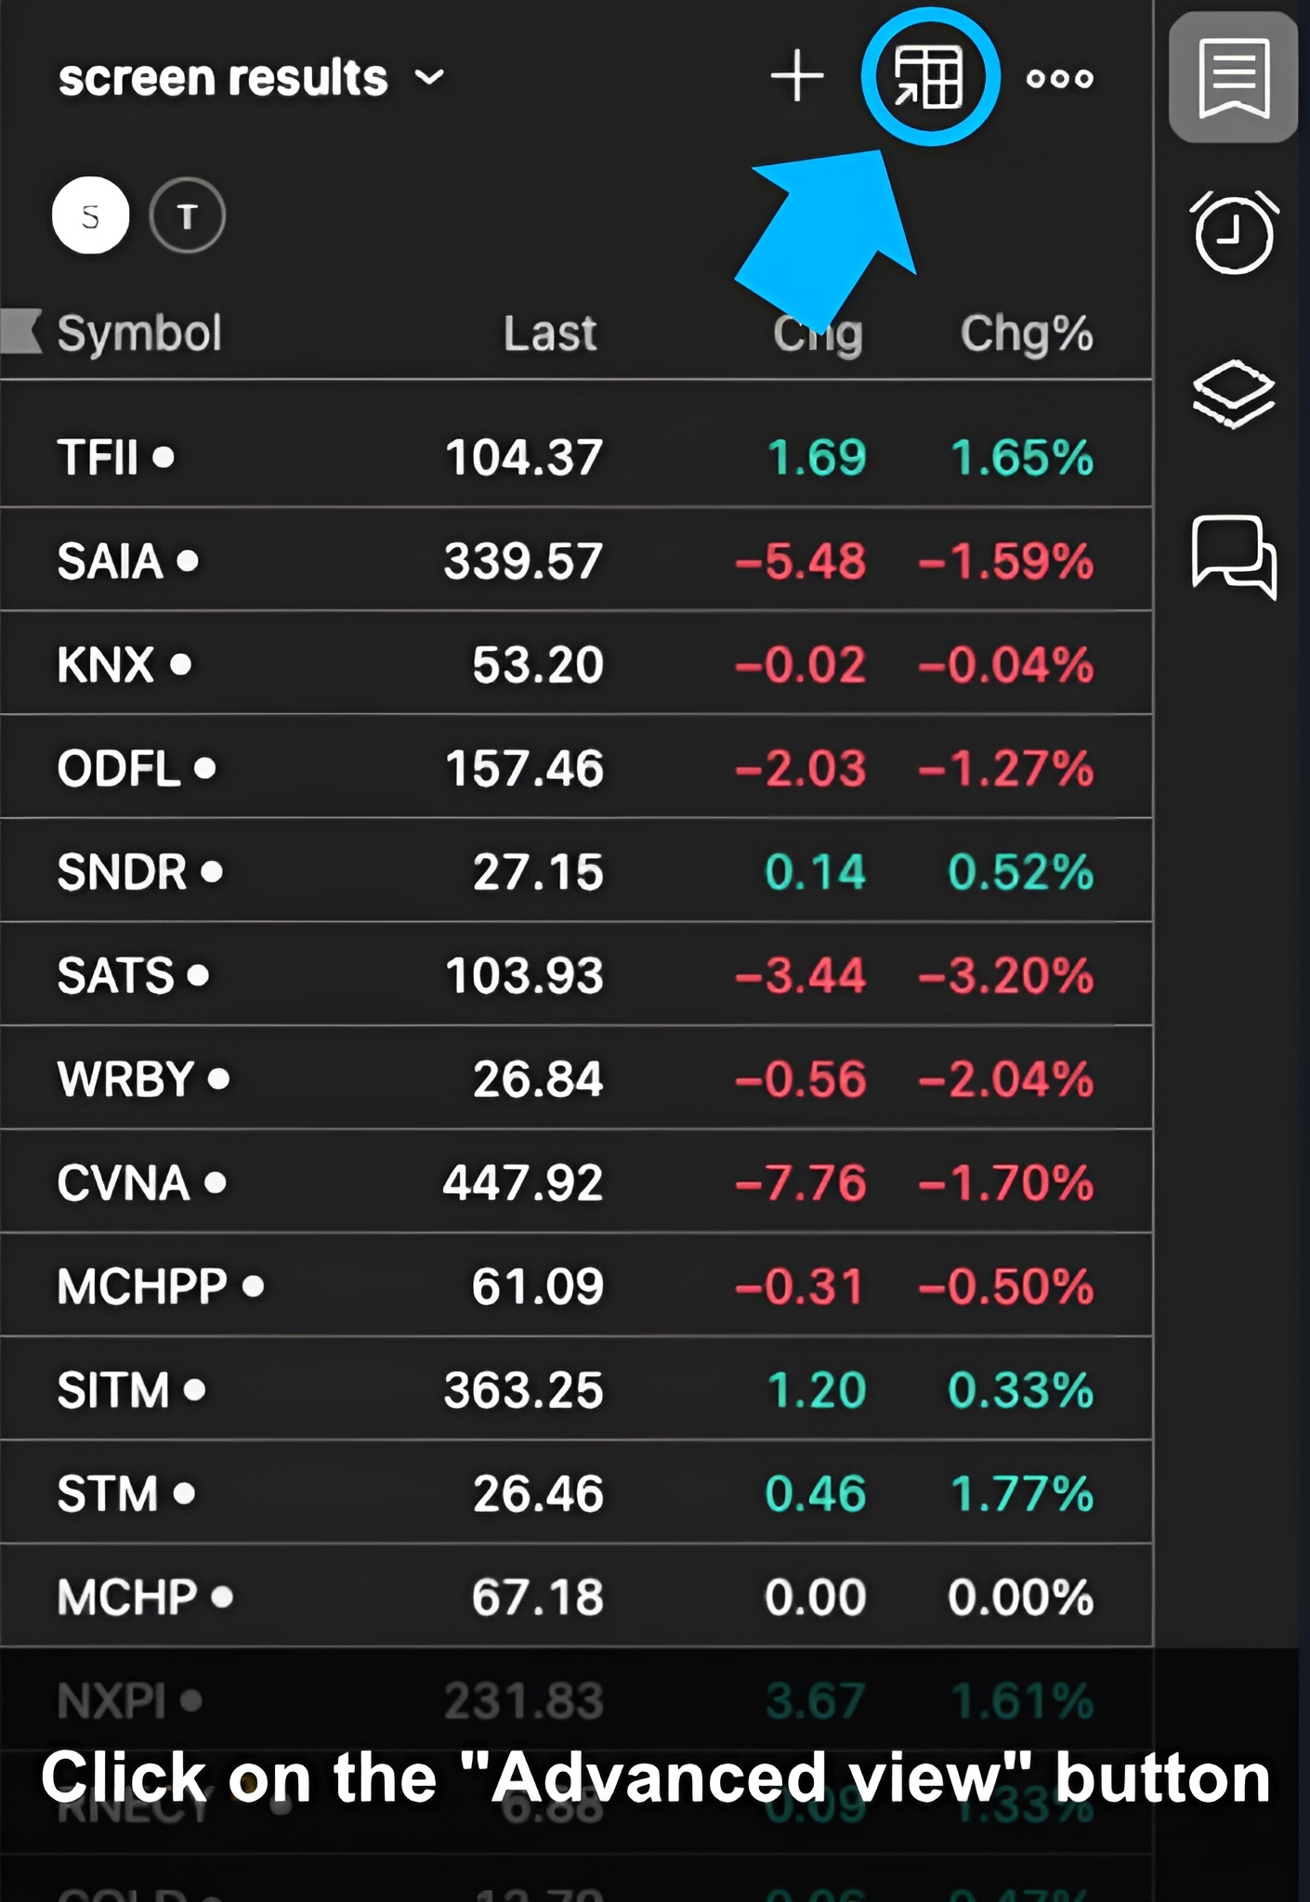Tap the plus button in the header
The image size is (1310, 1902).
797,76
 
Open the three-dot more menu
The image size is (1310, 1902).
1059,79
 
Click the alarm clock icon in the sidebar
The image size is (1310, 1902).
1234,232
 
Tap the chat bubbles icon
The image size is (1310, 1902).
1234,555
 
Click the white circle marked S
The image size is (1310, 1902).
90,216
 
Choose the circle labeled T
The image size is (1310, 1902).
187,216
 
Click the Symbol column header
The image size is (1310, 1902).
139,333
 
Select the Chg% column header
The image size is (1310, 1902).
1026,333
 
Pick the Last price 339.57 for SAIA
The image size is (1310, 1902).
523,561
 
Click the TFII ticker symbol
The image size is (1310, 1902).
98,457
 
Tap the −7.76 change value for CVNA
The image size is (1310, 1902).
801,1183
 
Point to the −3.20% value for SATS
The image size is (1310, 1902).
1006,976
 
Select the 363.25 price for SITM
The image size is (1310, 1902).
523,1390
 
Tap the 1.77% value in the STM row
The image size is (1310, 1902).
1022,1494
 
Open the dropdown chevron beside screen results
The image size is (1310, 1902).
428,77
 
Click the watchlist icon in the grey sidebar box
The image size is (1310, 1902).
1233,78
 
